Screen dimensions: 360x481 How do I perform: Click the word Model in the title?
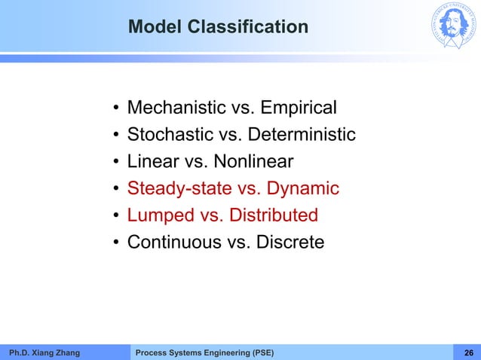coord(154,28)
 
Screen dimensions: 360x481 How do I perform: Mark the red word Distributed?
coord(272,215)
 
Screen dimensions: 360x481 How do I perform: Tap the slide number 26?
coord(468,352)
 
